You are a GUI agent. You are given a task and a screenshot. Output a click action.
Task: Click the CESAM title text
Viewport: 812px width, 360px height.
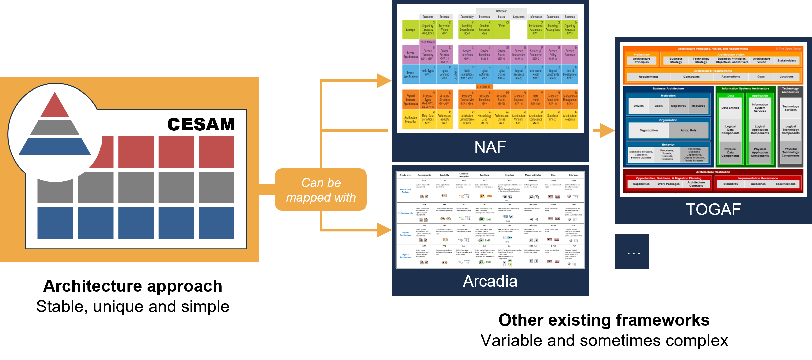coord(201,124)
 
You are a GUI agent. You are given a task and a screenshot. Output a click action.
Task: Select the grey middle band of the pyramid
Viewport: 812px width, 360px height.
coord(55,127)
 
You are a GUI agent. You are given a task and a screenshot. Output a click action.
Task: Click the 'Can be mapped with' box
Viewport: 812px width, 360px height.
coord(321,190)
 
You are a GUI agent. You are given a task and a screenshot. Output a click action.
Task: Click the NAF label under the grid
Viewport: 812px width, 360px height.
coord(490,147)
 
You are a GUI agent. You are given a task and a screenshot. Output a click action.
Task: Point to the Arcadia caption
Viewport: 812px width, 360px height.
coord(490,281)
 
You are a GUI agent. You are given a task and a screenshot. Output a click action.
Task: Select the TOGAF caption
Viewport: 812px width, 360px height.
coord(713,209)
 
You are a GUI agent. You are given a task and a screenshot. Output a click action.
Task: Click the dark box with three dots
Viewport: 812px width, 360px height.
coord(632,251)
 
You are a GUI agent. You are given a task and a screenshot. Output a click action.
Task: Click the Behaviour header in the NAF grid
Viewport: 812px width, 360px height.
coord(501,11)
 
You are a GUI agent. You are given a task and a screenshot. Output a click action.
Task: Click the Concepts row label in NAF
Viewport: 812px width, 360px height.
coord(411,30)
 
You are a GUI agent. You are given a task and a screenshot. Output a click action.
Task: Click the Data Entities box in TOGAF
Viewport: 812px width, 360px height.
coord(730,108)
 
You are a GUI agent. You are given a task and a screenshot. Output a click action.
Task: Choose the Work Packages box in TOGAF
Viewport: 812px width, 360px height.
coord(668,184)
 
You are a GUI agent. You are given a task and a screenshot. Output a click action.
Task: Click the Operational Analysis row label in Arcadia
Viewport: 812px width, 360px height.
coord(405,191)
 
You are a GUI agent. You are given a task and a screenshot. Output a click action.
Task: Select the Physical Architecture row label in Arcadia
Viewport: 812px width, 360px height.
coord(405,256)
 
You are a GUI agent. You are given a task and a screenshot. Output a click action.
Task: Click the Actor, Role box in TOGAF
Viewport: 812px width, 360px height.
coord(688,130)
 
